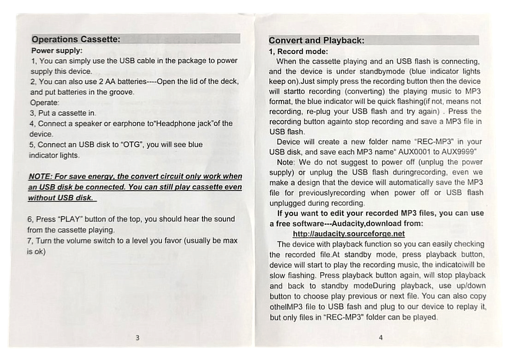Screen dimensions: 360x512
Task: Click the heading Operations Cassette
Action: pyautogui.click(x=76, y=39)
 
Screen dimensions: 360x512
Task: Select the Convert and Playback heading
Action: pyautogui.click(x=316, y=41)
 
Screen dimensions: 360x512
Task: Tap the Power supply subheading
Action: pyautogui.click(x=57, y=50)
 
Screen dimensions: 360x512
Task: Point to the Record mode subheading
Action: pyautogui.click(x=298, y=51)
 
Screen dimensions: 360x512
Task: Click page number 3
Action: pyautogui.click(x=137, y=338)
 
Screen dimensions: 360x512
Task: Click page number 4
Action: pyautogui.click(x=381, y=337)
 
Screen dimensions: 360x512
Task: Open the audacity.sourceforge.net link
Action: pyautogui.click(x=349, y=234)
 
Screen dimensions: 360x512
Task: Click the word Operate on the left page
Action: pyautogui.click(x=44, y=102)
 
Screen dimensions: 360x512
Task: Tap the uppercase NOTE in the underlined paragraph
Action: pyautogui.click(x=39, y=176)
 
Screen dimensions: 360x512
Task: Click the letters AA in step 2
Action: pyautogui.click(x=101, y=82)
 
